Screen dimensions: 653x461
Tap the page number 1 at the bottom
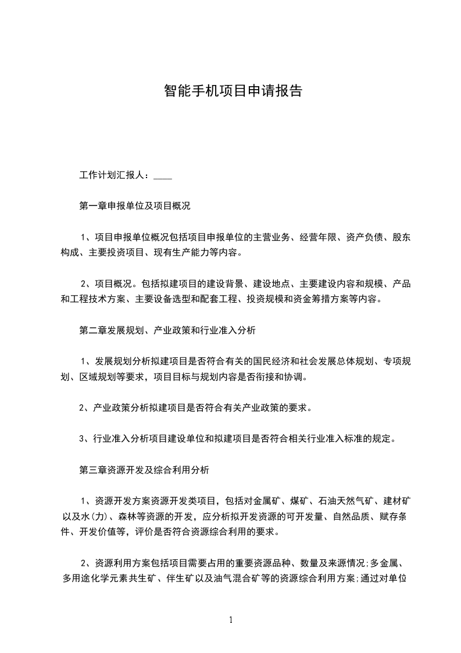click(231, 620)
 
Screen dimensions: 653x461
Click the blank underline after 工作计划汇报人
click(163, 175)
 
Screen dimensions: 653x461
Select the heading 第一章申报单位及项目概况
click(135, 206)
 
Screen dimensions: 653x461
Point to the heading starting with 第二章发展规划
click(167, 331)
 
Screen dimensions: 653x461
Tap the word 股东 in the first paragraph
click(402, 237)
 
